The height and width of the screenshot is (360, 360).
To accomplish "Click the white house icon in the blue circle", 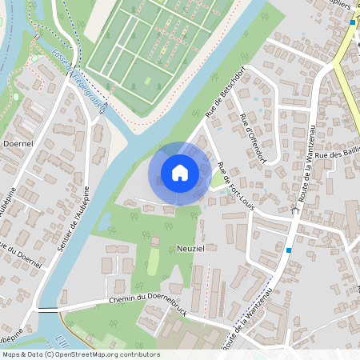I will coord(180,172).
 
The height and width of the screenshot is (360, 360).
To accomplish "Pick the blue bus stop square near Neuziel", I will coord(289,250).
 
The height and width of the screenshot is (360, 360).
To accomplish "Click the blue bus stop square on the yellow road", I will coord(352,22).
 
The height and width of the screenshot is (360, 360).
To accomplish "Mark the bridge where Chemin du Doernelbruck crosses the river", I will coord(48,310).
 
